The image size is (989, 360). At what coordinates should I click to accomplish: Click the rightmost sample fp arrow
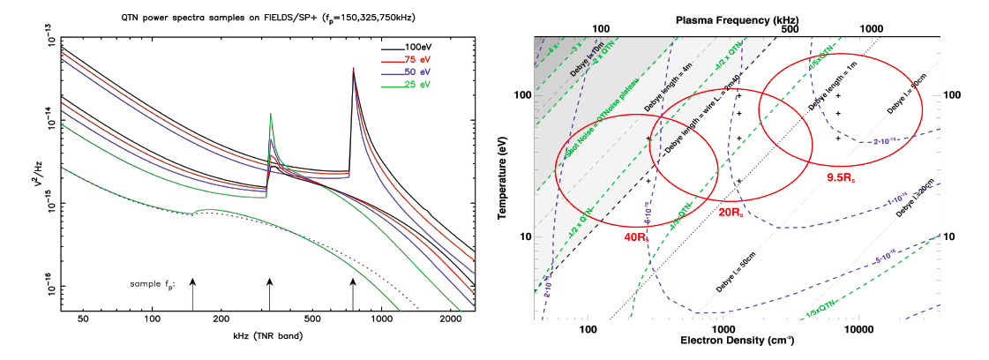tap(353, 291)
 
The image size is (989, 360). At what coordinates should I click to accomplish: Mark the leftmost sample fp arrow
tap(192, 291)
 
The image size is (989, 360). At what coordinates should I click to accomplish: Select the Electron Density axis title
tap(738, 341)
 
